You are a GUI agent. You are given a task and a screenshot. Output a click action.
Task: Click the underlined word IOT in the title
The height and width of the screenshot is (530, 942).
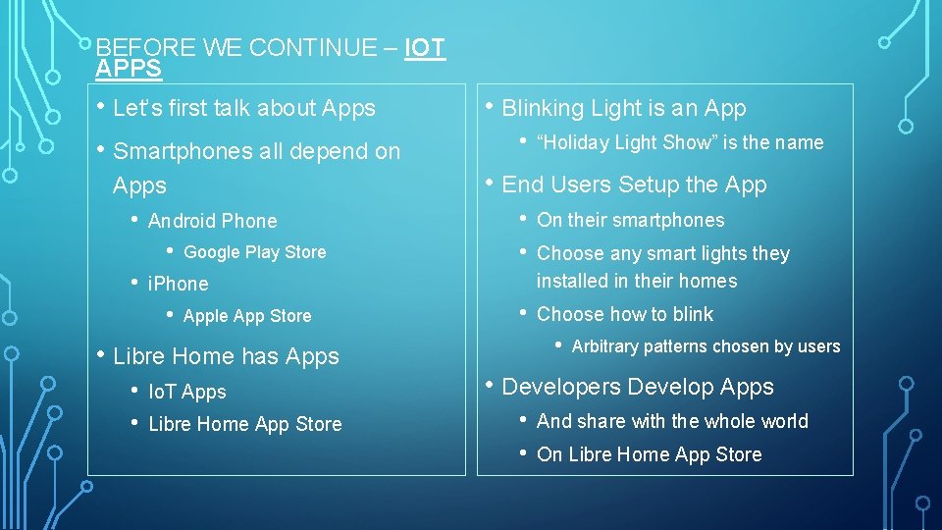coord(425,48)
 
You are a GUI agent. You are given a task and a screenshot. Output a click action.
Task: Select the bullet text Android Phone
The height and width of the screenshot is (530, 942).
coord(212,222)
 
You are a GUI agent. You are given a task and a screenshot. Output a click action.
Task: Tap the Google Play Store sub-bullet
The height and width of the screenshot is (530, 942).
coord(254,252)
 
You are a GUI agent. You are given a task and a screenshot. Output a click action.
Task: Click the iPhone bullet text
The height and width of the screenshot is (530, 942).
coord(178,285)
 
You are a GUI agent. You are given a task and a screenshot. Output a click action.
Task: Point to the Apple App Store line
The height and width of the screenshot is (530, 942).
coord(246,316)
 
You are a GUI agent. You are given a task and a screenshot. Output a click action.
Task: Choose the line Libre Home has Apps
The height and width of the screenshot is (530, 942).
coord(226,357)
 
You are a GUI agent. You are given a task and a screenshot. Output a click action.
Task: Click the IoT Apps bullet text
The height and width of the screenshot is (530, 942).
coord(186,393)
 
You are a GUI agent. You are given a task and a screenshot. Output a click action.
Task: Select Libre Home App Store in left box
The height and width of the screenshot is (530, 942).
coord(244,425)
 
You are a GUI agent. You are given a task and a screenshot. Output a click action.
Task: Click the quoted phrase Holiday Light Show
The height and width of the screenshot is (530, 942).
coord(623,143)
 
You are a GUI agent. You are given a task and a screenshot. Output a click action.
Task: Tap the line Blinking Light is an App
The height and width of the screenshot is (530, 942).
coord(623,109)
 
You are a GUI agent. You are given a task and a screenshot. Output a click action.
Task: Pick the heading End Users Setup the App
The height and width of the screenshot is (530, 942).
coord(634,185)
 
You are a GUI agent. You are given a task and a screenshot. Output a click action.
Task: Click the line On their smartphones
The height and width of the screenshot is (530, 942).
coord(630,221)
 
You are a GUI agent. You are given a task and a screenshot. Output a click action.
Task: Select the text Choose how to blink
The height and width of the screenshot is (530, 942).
coord(625,315)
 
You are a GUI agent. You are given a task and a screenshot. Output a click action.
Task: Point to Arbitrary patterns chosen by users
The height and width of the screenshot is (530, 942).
coord(706,346)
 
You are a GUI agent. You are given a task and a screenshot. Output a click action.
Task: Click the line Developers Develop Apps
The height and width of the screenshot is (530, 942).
coord(637,388)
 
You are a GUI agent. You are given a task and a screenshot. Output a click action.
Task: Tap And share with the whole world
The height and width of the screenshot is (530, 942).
coord(672,422)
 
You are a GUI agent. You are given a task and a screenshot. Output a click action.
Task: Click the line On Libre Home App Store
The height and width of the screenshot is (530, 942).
coord(649,455)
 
